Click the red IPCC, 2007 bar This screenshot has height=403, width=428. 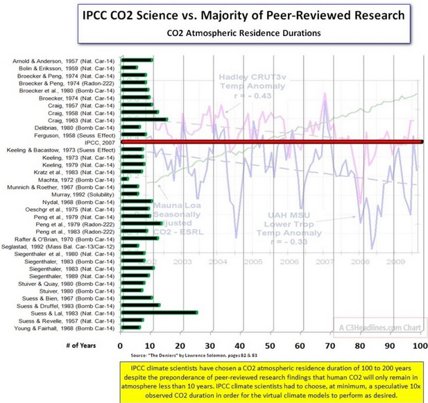point(271,142)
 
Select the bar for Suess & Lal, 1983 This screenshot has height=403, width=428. point(158,313)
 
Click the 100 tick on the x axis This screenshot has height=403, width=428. point(419,345)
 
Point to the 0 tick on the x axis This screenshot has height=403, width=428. point(121,345)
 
